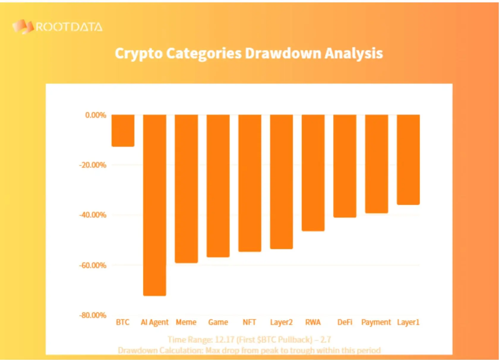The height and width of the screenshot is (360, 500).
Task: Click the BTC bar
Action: point(123,130)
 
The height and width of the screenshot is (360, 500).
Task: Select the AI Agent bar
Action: point(154,205)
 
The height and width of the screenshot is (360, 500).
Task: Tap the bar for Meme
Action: point(186,189)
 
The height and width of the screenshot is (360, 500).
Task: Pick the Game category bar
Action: point(218,186)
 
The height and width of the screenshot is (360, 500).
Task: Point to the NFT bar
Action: point(250,183)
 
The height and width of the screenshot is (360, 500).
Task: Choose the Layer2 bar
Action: point(281,181)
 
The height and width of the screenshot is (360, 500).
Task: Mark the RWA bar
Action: point(313,173)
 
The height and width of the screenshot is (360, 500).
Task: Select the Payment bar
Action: point(376,164)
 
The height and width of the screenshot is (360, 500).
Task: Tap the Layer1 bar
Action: point(408,160)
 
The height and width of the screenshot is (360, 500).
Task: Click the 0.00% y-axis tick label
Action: point(96,115)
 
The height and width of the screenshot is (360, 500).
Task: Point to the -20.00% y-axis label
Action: point(93,165)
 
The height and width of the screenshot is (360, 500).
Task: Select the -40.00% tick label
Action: point(93,215)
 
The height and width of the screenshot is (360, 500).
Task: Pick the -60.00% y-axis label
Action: point(93,265)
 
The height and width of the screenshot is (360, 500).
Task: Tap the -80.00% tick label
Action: point(93,315)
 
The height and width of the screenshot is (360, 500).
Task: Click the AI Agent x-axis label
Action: point(154,322)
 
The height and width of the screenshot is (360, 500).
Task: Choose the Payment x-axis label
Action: point(376,322)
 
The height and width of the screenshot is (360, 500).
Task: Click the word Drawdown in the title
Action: point(283,53)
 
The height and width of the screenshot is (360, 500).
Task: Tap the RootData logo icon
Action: point(23,27)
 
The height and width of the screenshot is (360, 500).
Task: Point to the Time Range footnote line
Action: point(249,340)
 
